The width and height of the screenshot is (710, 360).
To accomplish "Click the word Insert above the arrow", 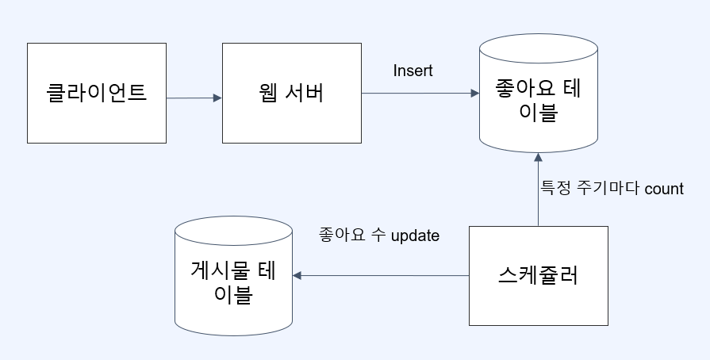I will [413, 71].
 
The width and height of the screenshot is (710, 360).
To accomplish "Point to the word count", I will [664, 190].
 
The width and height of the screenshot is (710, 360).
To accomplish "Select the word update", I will [415, 236].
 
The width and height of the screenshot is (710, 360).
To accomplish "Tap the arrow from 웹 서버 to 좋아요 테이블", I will [420, 94].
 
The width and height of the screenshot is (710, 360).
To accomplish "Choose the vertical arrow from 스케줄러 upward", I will [538, 190].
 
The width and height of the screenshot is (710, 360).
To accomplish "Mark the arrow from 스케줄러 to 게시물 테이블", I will [381, 276].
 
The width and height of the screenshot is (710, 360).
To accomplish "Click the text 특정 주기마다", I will [590, 190].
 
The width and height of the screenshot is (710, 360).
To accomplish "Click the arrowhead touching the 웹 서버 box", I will [217, 98].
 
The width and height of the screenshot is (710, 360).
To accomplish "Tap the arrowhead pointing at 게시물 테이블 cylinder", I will [297, 276].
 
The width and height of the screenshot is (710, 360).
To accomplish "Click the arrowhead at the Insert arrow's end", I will [474, 94].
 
